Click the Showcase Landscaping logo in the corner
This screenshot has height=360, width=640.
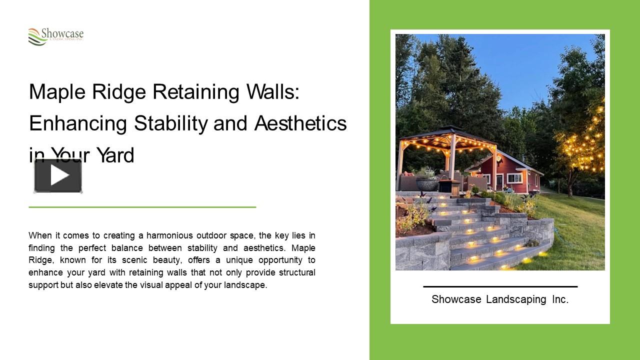(x=55, y=36)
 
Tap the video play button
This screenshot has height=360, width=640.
(x=58, y=175)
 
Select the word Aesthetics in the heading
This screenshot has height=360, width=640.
(x=300, y=123)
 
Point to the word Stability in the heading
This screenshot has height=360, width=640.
(x=170, y=123)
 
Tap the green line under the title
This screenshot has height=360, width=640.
(x=142, y=206)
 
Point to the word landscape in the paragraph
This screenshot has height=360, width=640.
(x=245, y=285)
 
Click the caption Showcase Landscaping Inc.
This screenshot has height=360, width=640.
(x=500, y=299)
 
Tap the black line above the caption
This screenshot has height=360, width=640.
(x=500, y=286)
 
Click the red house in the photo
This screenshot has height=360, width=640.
(x=515, y=175)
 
